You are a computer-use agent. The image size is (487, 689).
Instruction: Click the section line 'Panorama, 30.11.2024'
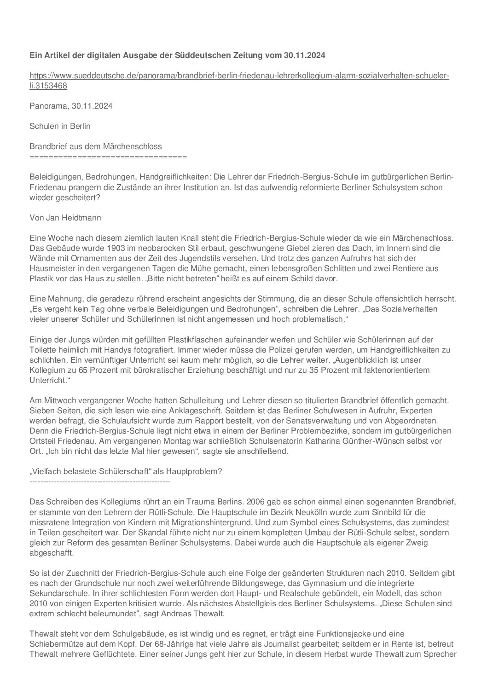click(71, 106)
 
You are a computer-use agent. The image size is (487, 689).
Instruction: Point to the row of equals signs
click(108, 157)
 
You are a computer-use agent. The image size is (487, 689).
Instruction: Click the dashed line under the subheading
click(99, 481)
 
